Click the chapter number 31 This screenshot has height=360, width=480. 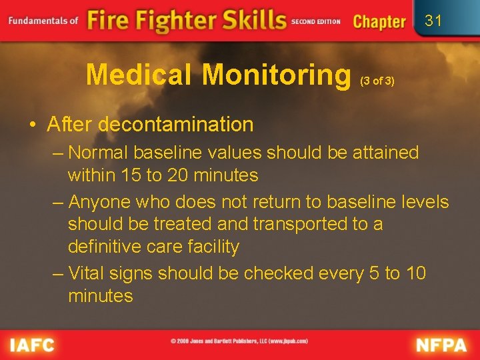click(x=433, y=21)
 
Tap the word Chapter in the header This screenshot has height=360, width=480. click(x=379, y=21)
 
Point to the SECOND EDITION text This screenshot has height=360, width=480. click(x=315, y=21)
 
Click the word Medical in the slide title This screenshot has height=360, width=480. click(x=140, y=75)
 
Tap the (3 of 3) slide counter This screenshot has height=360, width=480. click(x=377, y=81)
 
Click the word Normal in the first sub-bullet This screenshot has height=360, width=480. click(x=99, y=153)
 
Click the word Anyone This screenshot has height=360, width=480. click(x=100, y=201)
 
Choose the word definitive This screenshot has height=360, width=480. click(x=109, y=247)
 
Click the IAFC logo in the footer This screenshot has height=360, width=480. click(x=33, y=345)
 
